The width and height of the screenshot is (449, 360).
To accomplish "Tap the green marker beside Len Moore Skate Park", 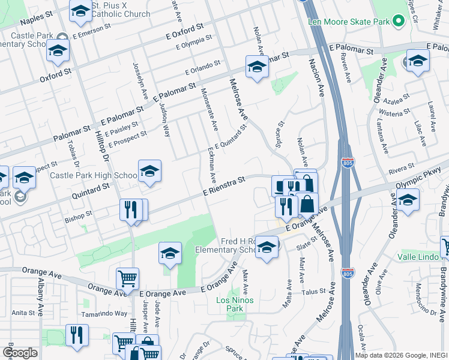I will [x=397, y=22].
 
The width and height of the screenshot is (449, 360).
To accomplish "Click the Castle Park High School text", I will [x=93, y=175].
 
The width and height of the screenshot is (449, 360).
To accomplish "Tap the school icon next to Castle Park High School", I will [x=149, y=172].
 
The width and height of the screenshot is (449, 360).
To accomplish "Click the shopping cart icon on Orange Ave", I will [x=127, y=279].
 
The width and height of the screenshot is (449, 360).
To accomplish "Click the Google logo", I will [x=20, y=352].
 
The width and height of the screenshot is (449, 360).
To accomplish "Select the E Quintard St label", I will [x=231, y=138].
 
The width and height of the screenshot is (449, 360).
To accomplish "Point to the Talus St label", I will [x=313, y=292].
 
